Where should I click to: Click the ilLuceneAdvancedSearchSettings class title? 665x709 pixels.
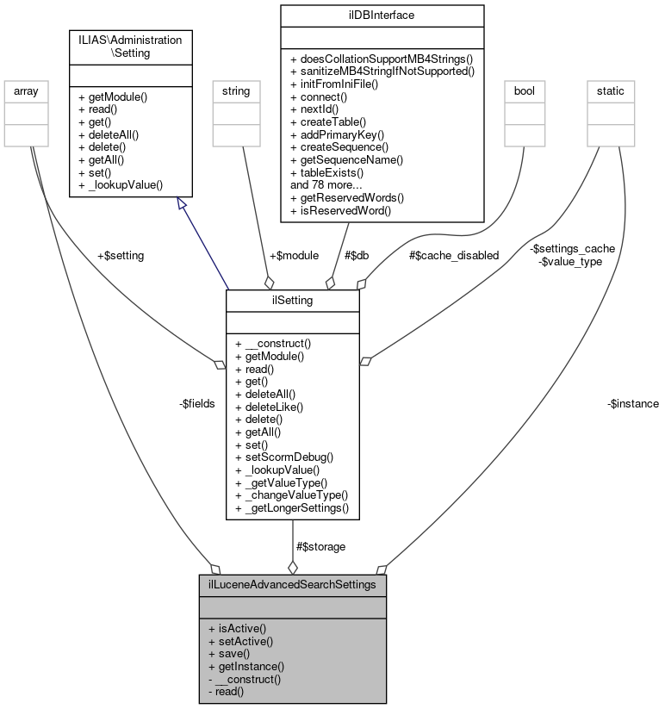[293, 584]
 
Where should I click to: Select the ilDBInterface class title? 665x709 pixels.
[382, 15]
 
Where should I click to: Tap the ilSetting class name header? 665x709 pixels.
[293, 299]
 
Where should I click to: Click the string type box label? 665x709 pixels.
[236, 90]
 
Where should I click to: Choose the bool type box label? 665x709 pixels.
[525, 90]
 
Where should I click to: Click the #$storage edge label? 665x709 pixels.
[320, 546]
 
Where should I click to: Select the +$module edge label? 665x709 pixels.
[294, 255]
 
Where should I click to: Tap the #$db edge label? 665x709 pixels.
[357, 255]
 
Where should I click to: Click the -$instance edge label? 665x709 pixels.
[633, 402]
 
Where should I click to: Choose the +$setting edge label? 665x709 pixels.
[121, 255]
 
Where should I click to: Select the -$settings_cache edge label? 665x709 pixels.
[572, 248]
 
